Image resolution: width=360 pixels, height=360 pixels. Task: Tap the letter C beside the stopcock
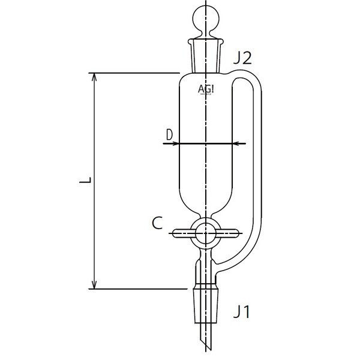pos(157,224)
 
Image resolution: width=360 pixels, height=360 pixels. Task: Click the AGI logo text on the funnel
pos(208,89)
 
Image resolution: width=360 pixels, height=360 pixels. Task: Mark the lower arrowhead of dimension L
pos(94,284)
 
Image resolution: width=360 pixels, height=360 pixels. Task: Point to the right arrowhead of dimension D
pos(235,144)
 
